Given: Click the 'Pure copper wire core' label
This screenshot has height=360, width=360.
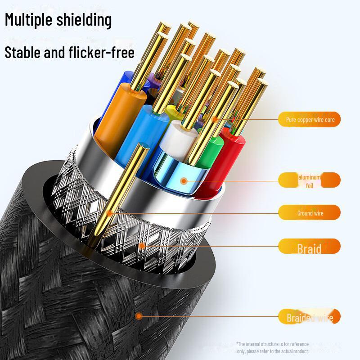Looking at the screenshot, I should (310, 120).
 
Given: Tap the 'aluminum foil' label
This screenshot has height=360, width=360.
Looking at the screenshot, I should (310, 180).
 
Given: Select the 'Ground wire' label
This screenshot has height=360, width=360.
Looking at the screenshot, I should (310, 213).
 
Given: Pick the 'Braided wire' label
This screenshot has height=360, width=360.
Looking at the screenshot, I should (310, 318).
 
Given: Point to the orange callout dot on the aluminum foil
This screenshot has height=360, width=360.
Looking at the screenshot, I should (183, 181).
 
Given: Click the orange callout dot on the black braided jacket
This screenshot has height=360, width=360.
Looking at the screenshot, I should (139, 316).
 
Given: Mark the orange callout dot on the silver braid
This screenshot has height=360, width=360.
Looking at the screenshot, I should (142, 246).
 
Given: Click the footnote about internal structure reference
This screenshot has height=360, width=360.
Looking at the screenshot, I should (272, 347).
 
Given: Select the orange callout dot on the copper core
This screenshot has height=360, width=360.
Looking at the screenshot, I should (215, 119).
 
